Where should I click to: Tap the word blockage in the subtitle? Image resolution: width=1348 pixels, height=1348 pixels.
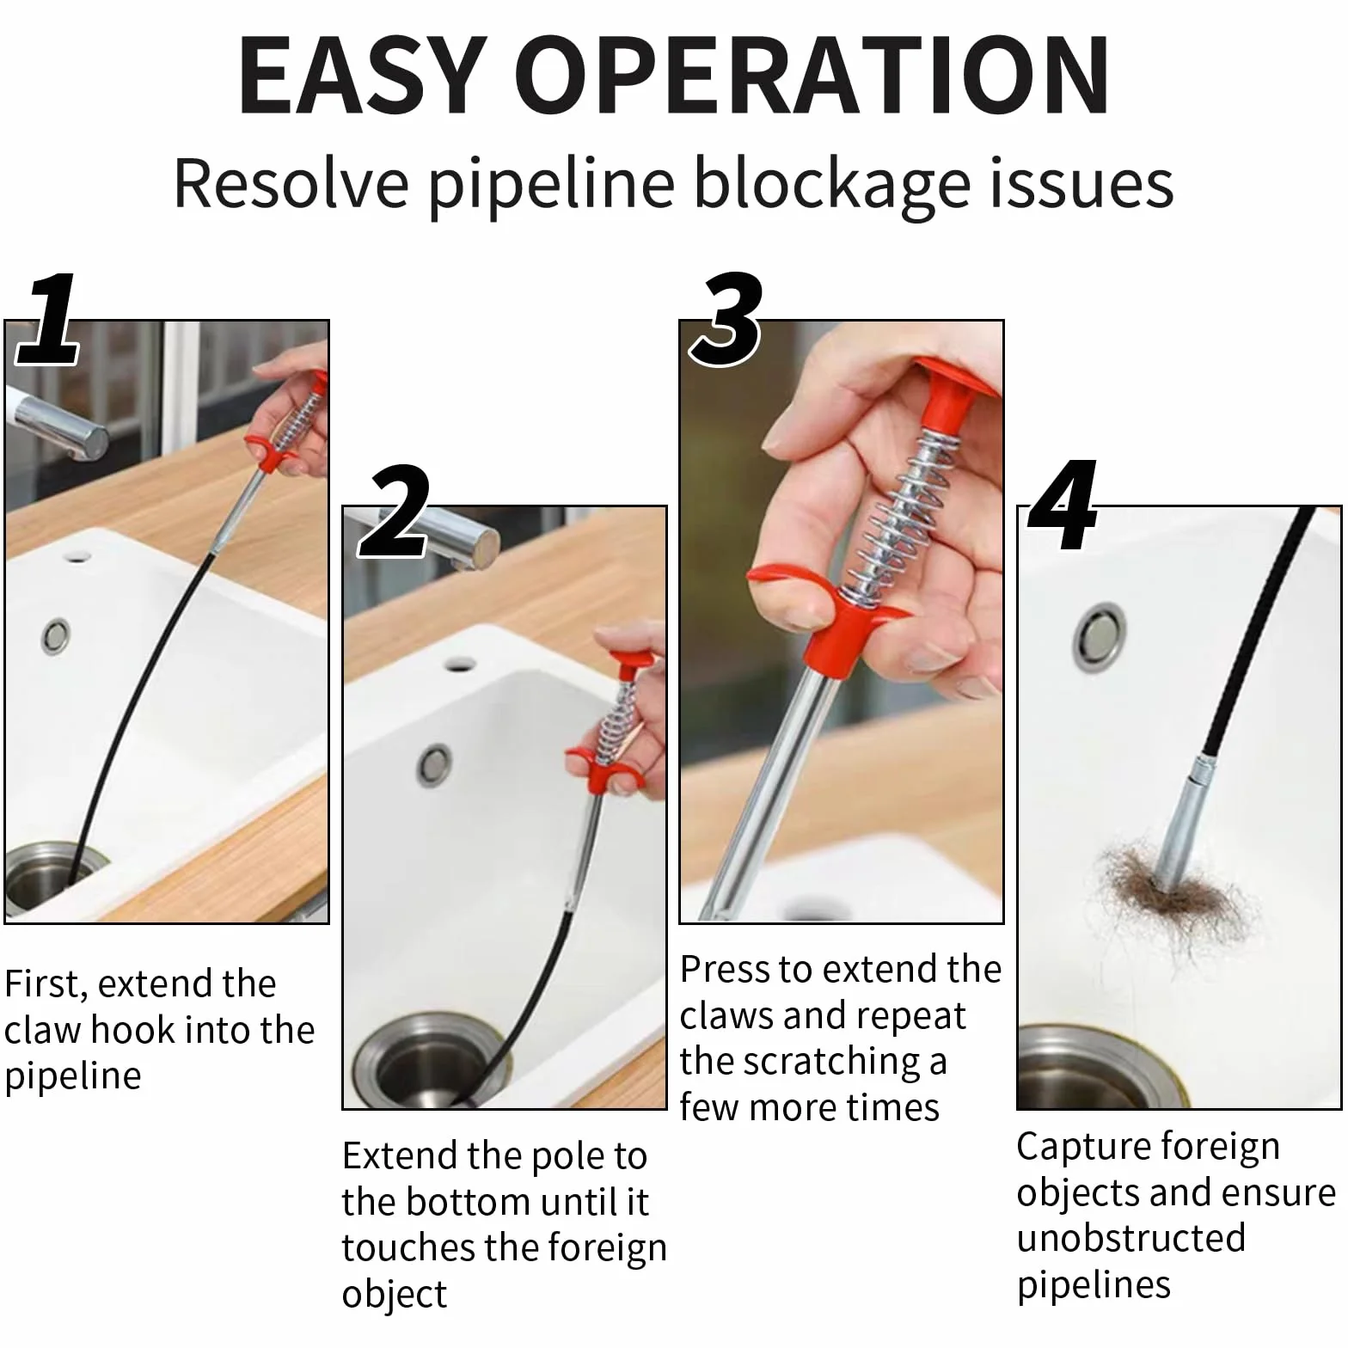click(830, 183)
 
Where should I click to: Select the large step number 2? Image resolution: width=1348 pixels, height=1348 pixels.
click(394, 512)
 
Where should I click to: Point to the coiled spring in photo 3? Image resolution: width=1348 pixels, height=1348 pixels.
click(903, 516)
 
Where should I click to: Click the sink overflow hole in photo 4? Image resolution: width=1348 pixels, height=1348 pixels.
click(1099, 637)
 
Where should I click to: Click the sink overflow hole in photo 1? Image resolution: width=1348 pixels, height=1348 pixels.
click(57, 635)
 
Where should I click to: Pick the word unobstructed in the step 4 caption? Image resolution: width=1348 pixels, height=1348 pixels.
click(1130, 1239)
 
